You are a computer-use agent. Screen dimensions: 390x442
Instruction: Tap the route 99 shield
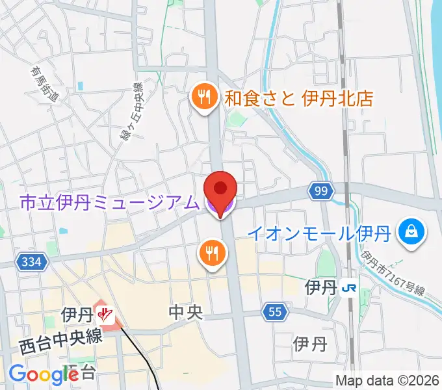coord(319,190)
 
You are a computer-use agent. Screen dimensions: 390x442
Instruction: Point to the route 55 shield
coord(276,313)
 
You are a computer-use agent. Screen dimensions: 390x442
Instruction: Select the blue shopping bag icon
coord(412,230)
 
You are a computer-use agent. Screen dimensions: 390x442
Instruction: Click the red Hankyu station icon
coord(105,316)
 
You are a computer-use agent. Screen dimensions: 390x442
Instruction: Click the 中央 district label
coord(186,313)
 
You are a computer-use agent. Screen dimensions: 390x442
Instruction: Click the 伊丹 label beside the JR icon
coord(320,287)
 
